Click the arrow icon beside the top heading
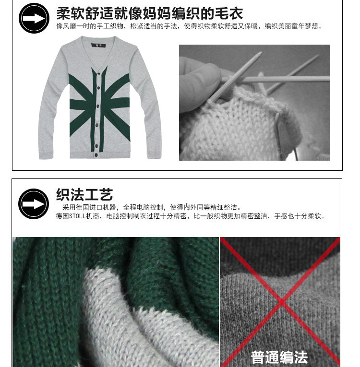(34, 18)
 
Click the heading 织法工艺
(84, 195)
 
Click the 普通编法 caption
(279, 357)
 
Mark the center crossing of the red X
(281, 301)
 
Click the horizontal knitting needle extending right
(288, 78)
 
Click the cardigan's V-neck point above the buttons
(100, 67)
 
